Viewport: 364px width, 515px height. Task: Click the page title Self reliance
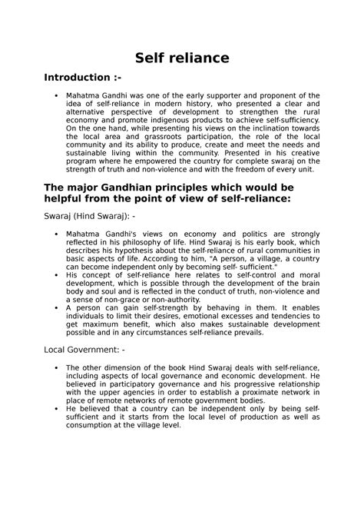(x=181, y=58)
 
